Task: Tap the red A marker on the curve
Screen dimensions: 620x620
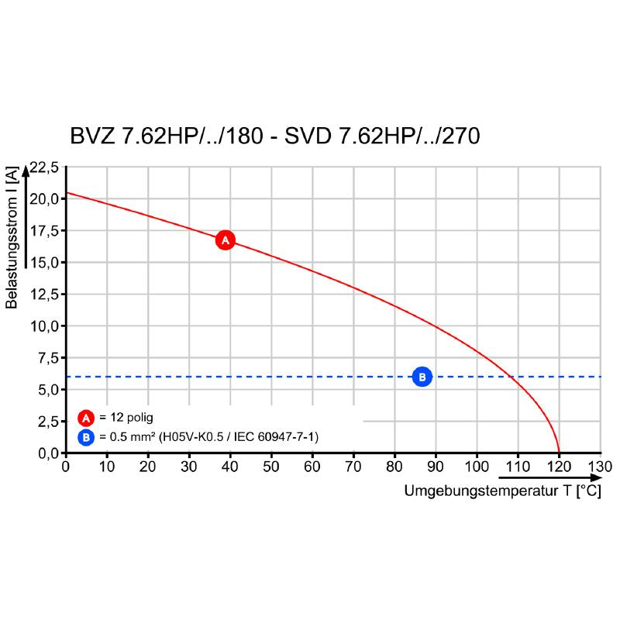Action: click(x=225, y=240)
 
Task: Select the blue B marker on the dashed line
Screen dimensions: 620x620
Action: click(x=422, y=377)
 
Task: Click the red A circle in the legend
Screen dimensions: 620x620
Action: click(x=86, y=418)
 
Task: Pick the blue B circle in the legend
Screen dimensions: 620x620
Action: click(x=86, y=437)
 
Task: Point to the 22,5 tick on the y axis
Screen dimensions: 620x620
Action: click(x=45, y=167)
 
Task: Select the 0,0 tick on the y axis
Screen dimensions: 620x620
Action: click(x=48, y=453)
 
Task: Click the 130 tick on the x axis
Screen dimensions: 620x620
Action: click(x=601, y=467)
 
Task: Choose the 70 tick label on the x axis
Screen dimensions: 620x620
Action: click(x=353, y=467)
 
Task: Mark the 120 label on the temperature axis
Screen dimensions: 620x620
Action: click(x=560, y=467)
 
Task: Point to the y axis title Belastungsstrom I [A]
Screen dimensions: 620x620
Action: click(x=12, y=241)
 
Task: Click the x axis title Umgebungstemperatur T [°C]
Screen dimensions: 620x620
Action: click(x=502, y=491)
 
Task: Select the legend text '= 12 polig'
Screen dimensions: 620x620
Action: click(x=126, y=418)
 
